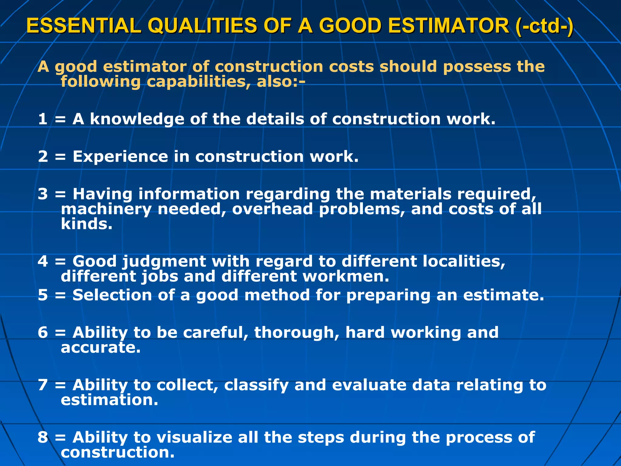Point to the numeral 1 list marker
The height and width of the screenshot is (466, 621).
coord(43,119)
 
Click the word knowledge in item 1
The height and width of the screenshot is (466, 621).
coord(137,119)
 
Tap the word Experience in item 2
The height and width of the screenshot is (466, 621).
coord(120,157)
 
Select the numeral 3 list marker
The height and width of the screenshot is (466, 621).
coord(43,194)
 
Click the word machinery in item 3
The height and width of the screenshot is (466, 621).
coord(106,209)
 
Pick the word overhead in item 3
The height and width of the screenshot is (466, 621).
coord(272,209)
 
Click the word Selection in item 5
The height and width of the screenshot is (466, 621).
coord(112,295)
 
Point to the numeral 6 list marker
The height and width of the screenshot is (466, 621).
coord(43,332)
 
